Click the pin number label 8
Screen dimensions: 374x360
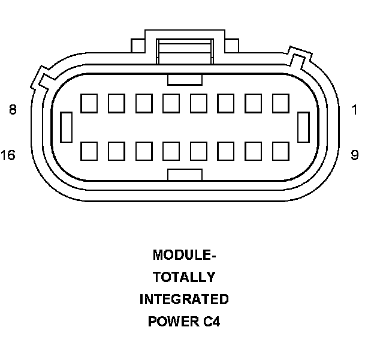click(x=13, y=110)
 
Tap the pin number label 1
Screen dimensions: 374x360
click(x=355, y=110)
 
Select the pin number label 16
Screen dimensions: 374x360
click(x=8, y=155)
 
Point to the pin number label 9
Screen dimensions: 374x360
click(x=355, y=155)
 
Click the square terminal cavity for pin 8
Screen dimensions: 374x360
click(x=89, y=103)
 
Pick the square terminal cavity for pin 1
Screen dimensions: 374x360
click(x=280, y=103)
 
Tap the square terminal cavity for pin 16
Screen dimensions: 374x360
click(x=89, y=150)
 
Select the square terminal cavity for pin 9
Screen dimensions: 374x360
click(x=280, y=150)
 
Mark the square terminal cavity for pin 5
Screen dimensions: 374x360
click(x=171, y=103)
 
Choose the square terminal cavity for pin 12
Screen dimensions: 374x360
click(x=198, y=150)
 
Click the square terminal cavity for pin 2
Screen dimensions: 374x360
click(x=253, y=103)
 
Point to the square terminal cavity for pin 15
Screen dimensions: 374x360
click(x=116, y=150)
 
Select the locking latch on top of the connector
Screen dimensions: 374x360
click(x=185, y=48)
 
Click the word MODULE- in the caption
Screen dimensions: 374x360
click(x=184, y=255)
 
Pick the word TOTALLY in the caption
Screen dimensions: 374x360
click(x=184, y=277)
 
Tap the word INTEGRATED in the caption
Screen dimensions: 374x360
click(x=184, y=299)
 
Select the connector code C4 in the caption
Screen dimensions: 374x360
click(x=211, y=322)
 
